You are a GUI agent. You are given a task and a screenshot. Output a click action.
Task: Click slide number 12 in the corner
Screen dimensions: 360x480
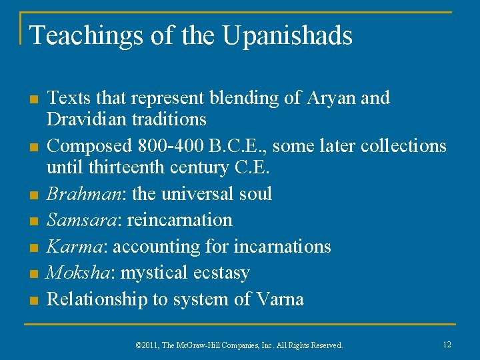click(447, 344)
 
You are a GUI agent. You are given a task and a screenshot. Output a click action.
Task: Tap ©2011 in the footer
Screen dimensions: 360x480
click(148, 345)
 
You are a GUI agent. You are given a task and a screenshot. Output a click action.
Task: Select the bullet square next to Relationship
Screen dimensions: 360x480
click(31, 301)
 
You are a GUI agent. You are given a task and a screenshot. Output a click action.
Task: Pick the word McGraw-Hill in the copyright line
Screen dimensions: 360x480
click(206, 345)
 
